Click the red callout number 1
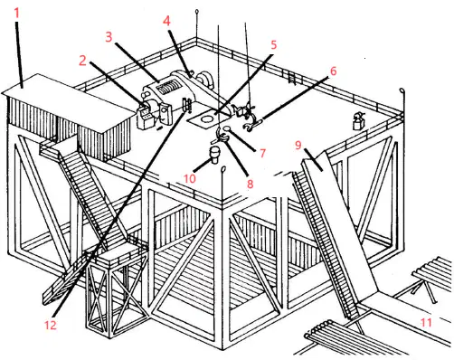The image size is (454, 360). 17,14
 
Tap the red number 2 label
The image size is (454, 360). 82,61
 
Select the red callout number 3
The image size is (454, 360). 109,37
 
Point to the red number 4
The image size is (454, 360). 166,21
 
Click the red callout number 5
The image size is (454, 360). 273,44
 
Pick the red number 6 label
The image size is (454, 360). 333,71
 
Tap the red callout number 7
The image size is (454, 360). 262,153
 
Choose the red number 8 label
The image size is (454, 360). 250,184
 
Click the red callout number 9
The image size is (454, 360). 298,145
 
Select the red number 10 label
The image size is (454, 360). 190,178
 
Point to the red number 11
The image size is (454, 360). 426,323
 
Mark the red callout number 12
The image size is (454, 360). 51,325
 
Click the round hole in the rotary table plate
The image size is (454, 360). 206,118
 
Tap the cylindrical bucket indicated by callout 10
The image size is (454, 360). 215,155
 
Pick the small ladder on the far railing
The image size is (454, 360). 292,78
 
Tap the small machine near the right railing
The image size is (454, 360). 359,121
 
